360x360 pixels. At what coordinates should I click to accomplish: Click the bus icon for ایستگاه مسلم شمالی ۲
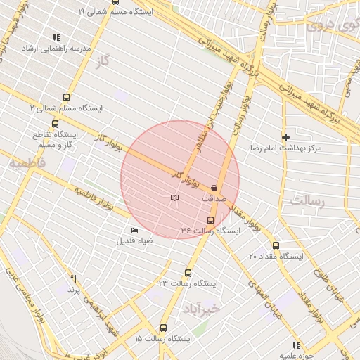point(66,98)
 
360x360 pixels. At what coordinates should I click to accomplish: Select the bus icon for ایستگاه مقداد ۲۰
point(276,246)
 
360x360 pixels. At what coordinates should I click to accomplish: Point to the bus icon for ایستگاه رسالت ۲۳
point(188,273)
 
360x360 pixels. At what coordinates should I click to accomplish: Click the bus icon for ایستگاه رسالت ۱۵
point(164,328)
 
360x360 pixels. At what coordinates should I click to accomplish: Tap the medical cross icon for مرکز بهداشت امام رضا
point(285,137)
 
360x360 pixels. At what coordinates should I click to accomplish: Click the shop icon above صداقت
point(214,188)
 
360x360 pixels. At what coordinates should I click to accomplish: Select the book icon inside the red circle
point(174,198)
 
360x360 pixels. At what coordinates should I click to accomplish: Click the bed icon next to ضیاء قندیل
point(134,229)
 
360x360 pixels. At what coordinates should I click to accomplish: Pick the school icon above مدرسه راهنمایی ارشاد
point(56,37)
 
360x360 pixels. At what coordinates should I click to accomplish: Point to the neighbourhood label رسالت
point(309,200)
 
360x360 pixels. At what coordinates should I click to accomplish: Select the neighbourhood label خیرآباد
point(201,308)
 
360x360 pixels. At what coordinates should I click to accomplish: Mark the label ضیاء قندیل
point(134,240)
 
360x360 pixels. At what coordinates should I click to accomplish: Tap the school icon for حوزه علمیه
point(296,345)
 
